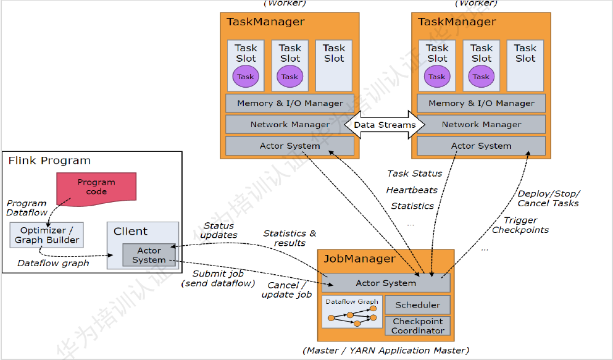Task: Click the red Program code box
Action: point(96,186)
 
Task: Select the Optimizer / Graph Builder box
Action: point(48,235)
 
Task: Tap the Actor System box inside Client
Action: point(149,255)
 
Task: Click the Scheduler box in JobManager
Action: point(418,304)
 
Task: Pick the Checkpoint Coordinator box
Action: point(418,325)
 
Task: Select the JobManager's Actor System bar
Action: point(386,283)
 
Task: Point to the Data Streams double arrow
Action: point(385,125)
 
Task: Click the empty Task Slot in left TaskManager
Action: point(334,65)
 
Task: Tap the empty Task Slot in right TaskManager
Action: point(525,65)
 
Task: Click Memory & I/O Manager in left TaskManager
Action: point(290,103)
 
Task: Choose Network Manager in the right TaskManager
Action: point(481,124)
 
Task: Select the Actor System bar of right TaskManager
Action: point(481,146)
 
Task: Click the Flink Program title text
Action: point(49,161)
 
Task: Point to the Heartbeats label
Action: point(412,190)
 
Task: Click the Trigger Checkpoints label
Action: point(520,225)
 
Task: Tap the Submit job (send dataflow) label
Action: point(218,278)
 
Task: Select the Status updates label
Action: point(219,230)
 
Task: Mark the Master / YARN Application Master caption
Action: point(386,351)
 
